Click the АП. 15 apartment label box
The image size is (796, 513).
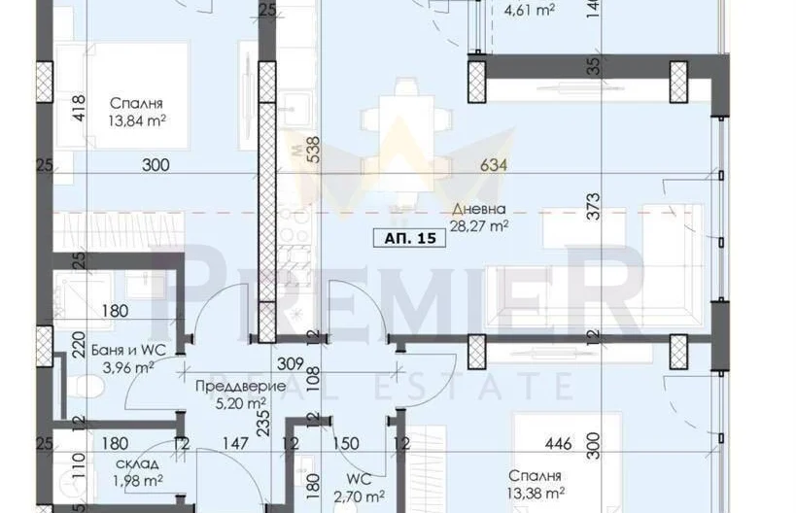tap(409, 238)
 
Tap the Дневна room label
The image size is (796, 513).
tap(479, 209)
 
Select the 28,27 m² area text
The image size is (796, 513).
tap(479, 225)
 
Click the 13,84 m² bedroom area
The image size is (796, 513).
tap(137, 120)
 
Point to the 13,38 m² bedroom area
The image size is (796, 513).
tap(536, 493)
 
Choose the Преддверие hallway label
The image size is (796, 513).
tap(241, 387)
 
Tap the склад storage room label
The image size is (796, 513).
tap(137, 463)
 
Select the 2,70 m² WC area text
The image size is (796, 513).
tap(359, 496)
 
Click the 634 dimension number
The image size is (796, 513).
tap(494, 165)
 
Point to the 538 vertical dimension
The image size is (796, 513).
tap(314, 150)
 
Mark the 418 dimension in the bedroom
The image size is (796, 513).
tap(79, 109)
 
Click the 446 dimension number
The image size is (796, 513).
tap(558, 444)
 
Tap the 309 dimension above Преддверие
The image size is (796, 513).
tap(291, 363)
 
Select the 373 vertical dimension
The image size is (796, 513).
tap(593, 206)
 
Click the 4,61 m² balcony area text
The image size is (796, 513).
tap(529, 10)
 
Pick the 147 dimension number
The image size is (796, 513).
tap(235, 444)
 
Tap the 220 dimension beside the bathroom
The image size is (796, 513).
tap(79, 345)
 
